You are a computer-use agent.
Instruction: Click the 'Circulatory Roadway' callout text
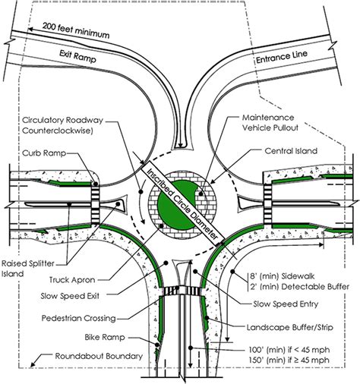coord(62,124)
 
